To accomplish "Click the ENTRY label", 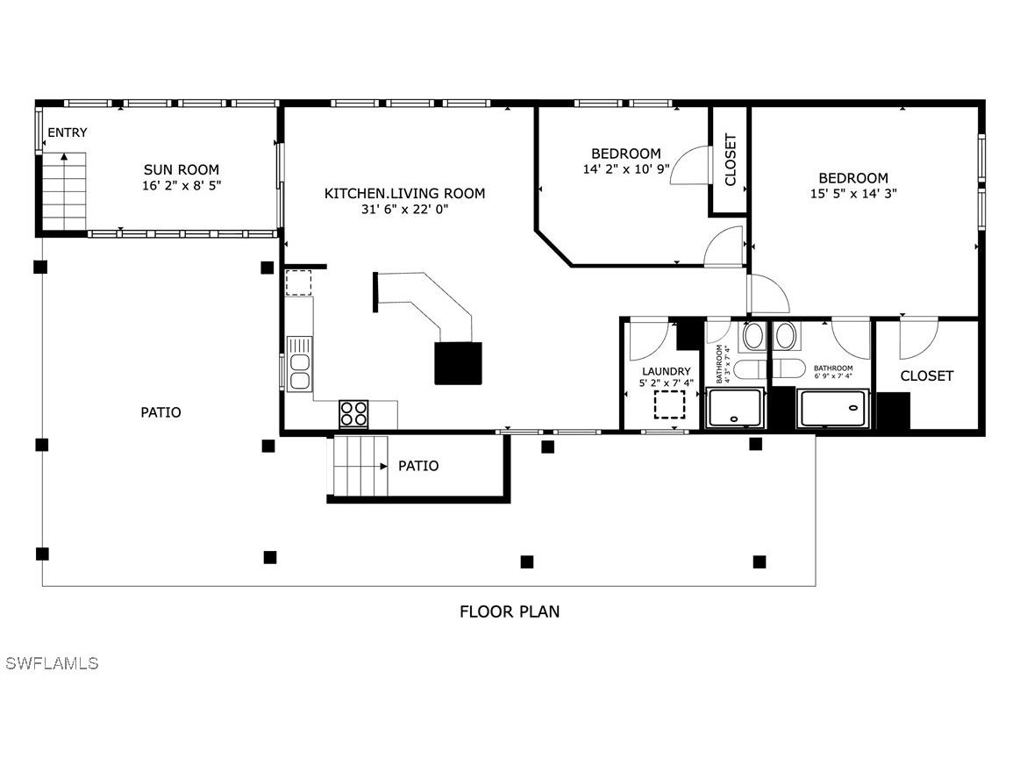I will pyautogui.click(x=67, y=132).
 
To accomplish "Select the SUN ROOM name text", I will pyautogui.click(x=182, y=169).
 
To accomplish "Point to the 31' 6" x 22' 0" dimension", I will pyautogui.click(x=404, y=209).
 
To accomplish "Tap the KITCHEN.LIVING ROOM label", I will pyautogui.click(x=404, y=193).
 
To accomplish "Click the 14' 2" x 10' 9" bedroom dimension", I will pyautogui.click(x=625, y=168).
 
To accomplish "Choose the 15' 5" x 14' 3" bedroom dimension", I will pyautogui.click(x=852, y=193).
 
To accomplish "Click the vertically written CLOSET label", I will pyautogui.click(x=730, y=160).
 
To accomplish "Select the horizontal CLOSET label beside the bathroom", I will pyautogui.click(x=926, y=375).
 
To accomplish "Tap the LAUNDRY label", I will pyautogui.click(x=667, y=371).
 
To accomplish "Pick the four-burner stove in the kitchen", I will pyautogui.click(x=353, y=413).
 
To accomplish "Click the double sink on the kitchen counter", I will pyautogui.click(x=299, y=363).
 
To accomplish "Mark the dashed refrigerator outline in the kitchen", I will pyautogui.click(x=298, y=283).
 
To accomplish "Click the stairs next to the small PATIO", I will pyautogui.click(x=359, y=466).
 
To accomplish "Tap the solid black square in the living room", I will pyautogui.click(x=459, y=362).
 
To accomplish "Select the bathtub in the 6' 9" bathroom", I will pyautogui.click(x=832, y=409).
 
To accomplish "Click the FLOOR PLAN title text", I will pyautogui.click(x=510, y=611).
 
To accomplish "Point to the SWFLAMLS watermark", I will pyautogui.click(x=52, y=663).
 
